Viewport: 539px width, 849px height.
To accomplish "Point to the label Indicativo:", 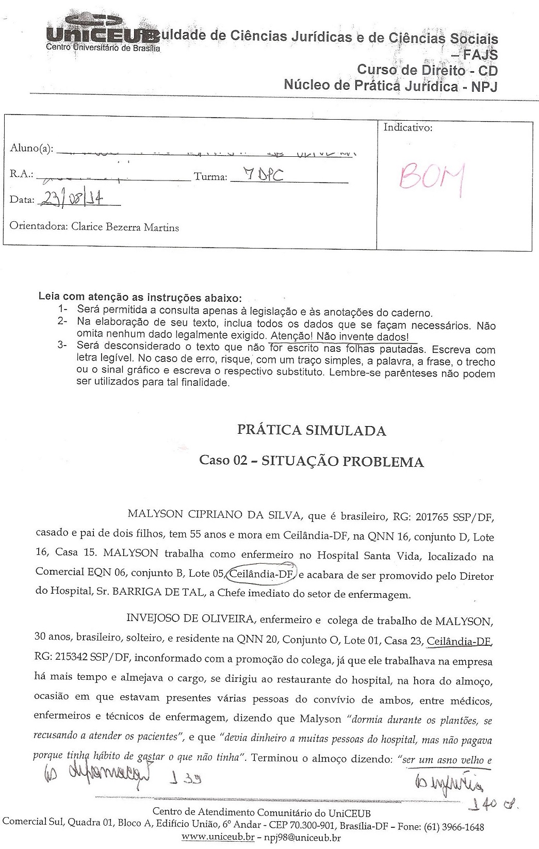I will click(407, 128).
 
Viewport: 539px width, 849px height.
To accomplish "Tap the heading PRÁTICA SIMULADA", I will click(311, 431).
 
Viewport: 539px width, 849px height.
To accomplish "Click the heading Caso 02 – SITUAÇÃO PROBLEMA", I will click(312, 461).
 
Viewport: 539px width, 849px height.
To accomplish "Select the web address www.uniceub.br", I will click(218, 838).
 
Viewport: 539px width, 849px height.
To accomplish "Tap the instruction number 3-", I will click(63, 346).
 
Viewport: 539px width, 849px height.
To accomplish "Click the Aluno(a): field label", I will click(31, 149).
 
